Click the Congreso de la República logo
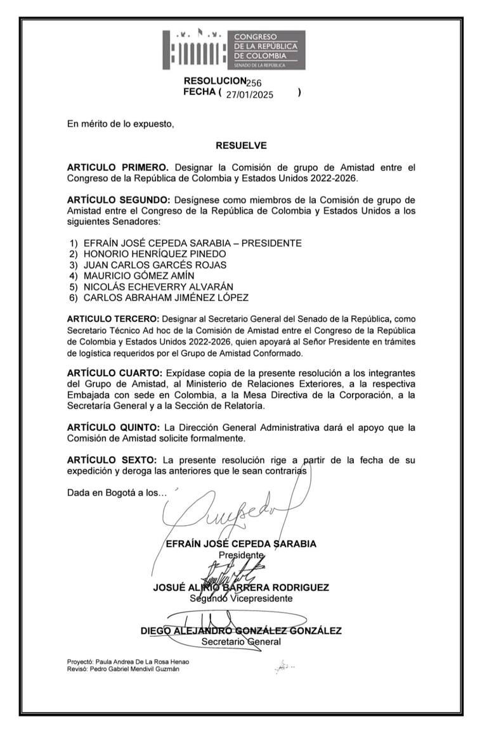click(229, 49)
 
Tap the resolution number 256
click(254, 82)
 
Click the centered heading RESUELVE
click(241, 146)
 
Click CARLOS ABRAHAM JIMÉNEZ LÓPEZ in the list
click(166, 297)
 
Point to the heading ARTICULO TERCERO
click(114, 319)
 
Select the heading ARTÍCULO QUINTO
click(115, 427)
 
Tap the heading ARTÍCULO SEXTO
click(112, 460)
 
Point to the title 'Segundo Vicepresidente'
click(242, 598)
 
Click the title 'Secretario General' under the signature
click(241, 641)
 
